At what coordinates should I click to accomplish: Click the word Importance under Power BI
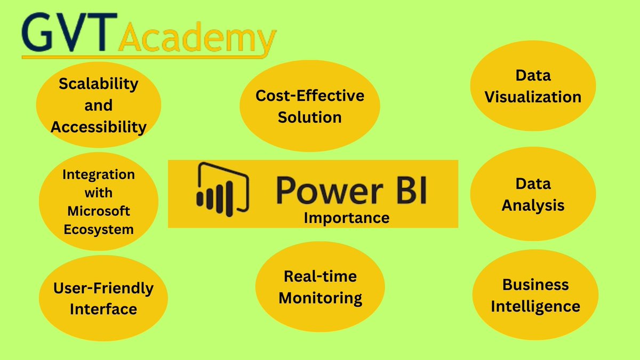click(x=346, y=218)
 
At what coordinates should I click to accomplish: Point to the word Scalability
click(x=99, y=84)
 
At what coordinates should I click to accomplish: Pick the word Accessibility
click(x=99, y=127)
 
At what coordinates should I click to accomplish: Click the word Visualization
click(x=533, y=97)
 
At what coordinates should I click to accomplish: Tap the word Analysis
click(x=533, y=205)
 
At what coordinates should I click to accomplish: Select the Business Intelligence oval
click(x=535, y=295)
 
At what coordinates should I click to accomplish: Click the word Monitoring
click(x=321, y=298)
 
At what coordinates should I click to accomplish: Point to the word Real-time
click(x=321, y=276)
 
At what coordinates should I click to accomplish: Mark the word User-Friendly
click(x=103, y=289)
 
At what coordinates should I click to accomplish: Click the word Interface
click(x=103, y=309)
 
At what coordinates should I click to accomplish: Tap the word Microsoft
click(x=99, y=211)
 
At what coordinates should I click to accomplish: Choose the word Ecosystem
click(x=99, y=229)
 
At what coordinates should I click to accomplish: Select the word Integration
click(x=99, y=174)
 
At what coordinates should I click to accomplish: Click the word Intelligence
click(x=535, y=307)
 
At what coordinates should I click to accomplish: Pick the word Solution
click(x=310, y=117)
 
